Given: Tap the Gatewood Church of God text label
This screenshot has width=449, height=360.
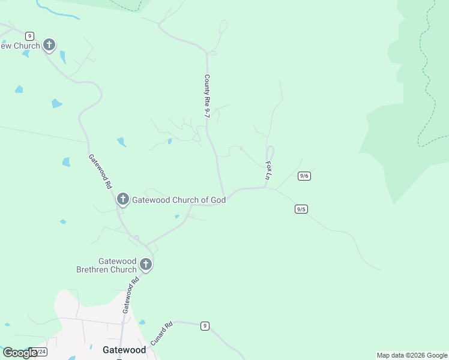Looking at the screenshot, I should (x=179, y=200).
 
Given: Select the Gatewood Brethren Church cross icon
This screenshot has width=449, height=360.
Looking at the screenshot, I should (x=145, y=264).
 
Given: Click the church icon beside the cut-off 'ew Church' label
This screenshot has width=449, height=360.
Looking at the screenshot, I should (x=49, y=45).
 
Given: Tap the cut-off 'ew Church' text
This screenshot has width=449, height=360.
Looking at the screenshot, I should (x=20, y=46).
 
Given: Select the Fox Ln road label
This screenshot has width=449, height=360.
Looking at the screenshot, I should (x=268, y=170).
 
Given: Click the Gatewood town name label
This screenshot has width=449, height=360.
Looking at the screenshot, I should (x=124, y=350).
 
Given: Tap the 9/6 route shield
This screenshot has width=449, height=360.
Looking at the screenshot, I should (x=304, y=176).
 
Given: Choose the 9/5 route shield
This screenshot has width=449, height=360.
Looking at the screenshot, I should (x=301, y=209).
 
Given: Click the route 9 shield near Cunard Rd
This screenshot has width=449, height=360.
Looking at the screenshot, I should (x=205, y=326).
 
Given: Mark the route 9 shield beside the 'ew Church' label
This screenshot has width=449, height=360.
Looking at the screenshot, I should (x=29, y=36).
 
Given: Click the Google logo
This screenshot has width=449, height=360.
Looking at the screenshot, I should (x=19, y=353).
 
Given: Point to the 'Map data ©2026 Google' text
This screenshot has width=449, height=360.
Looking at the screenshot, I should (x=412, y=355).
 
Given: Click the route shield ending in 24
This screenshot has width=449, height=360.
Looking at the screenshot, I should (x=40, y=352).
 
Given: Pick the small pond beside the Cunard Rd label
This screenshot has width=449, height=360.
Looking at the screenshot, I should (x=142, y=322).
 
